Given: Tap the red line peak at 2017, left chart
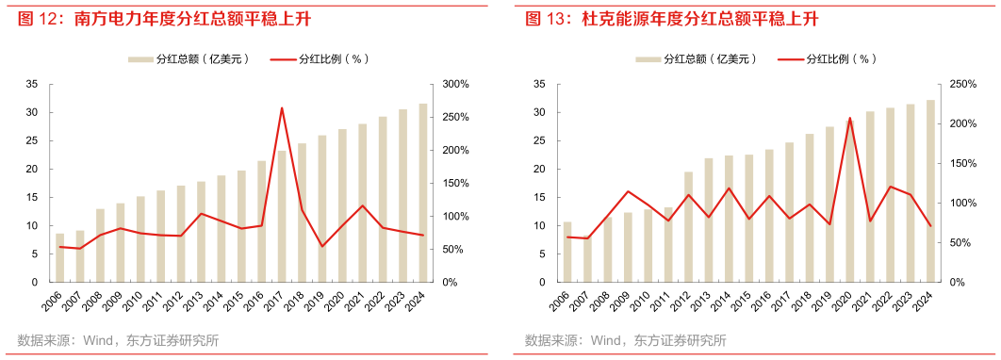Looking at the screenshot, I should coord(282,107).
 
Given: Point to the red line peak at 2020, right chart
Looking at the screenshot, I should coord(850,118).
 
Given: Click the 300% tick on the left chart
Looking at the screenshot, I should coord(455,84).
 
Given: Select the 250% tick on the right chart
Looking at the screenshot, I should coord(962,84).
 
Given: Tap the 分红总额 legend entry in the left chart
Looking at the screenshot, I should coord(189,58).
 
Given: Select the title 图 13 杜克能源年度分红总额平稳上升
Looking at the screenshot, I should coord(671,19).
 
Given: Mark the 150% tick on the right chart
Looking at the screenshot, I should coord(962,163).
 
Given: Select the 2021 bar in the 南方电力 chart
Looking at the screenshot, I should coord(362,204).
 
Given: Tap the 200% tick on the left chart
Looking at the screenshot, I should coord(455,150).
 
